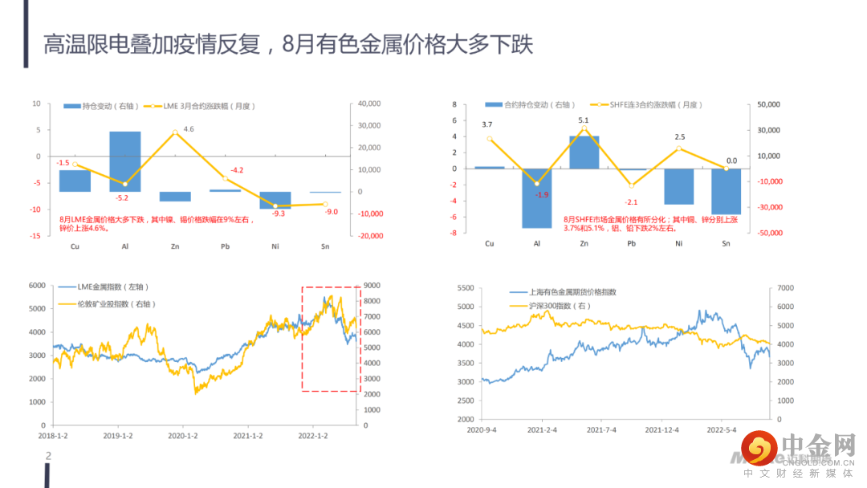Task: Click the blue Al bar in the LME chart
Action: pyautogui.click(x=124, y=161)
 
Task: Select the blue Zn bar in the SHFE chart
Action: pyautogui.click(x=584, y=152)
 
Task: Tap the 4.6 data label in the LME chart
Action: pyautogui.click(x=189, y=129)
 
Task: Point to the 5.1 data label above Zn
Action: pyautogui.click(x=584, y=121)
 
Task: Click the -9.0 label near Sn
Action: pyautogui.click(x=331, y=212)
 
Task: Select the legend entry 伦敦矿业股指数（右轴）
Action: pyautogui.click(x=116, y=304)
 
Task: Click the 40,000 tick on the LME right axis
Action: pyautogui.click(x=368, y=104)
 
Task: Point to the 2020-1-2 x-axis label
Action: pyautogui.click(x=183, y=436)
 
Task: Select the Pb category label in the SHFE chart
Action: pyautogui.click(x=632, y=244)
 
